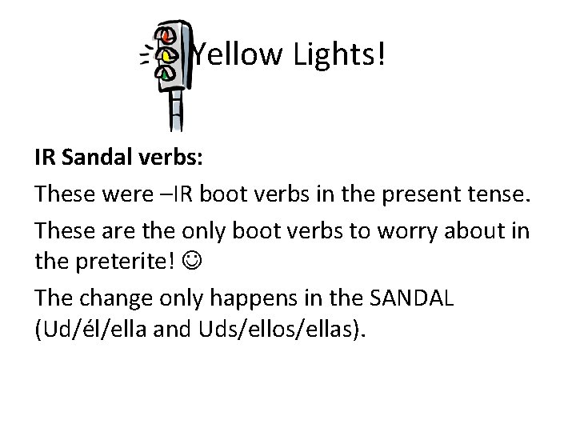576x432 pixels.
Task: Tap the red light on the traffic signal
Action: (x=166, y=37)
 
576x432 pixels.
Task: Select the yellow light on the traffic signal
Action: (x=168, y=55)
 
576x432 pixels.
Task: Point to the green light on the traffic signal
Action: (x=166, y=74)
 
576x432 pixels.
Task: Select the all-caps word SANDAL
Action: (x=413, y=298)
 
